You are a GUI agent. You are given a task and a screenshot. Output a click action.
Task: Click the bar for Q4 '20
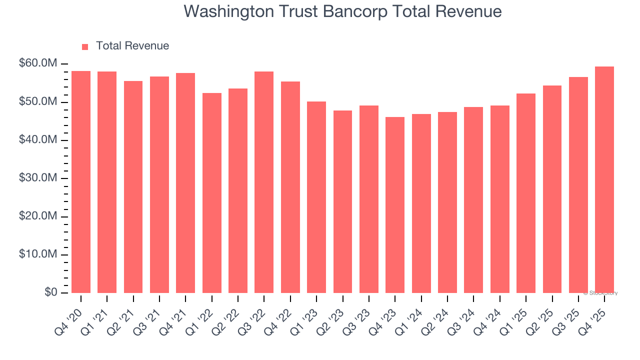tap(81, 182)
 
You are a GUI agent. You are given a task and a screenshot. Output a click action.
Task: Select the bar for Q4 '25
tap(604, 180)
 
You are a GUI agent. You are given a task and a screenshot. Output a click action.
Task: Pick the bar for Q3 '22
tap(264, 182)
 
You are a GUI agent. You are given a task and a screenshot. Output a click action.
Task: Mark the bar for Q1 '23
tap(316, 197)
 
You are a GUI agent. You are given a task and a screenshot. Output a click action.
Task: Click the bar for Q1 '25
tap(526, 193)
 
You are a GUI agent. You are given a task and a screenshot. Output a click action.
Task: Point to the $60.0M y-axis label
tap(38, 64)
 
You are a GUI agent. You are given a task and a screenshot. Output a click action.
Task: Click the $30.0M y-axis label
tap(38, 178)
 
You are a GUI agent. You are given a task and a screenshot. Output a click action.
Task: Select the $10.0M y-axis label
tap(38, 254)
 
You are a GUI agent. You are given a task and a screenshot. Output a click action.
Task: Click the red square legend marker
tap(85, 46)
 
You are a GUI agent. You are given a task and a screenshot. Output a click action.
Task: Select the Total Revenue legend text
tap(132, 46)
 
